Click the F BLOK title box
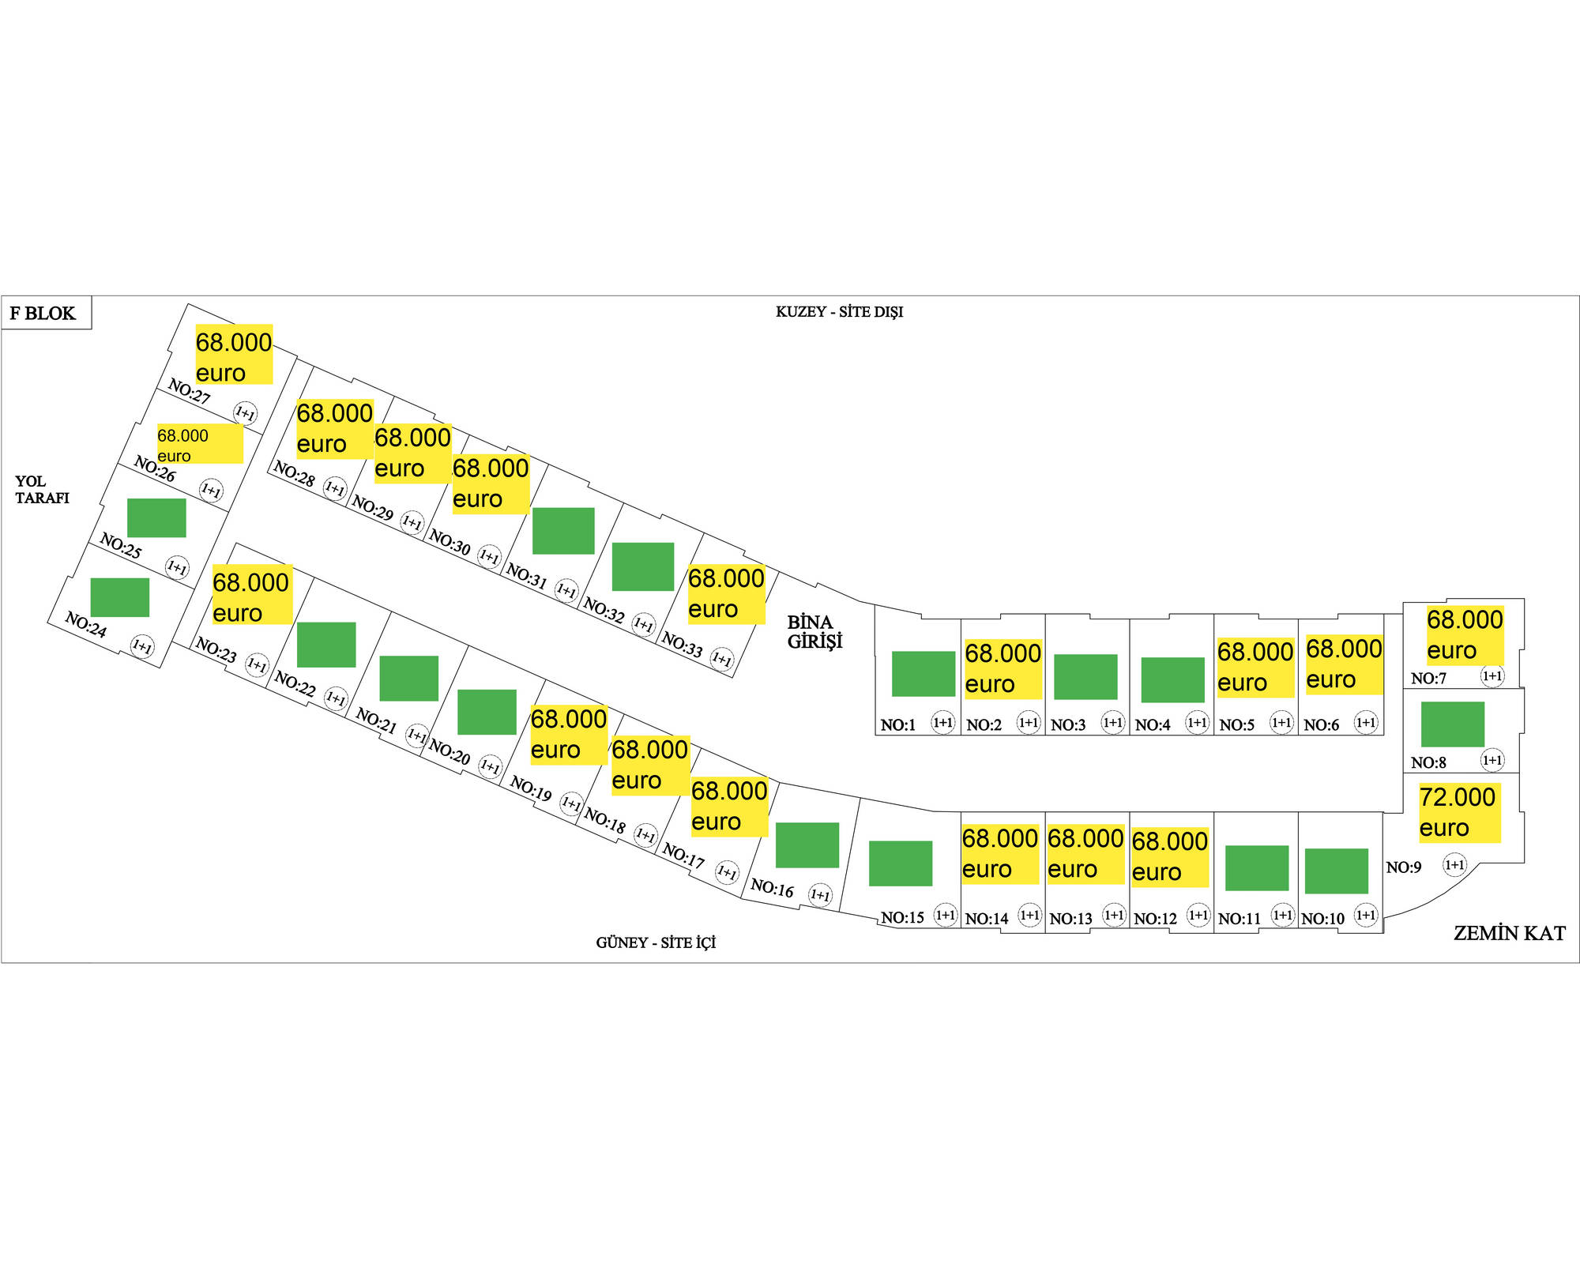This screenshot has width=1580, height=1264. coord(46,313)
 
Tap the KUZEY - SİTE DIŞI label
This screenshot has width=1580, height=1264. coord(839,312)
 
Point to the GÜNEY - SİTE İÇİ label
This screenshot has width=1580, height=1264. coord(656,942)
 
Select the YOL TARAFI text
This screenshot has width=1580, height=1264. coord(42,490)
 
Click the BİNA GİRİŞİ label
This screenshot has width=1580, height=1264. coord(814,632)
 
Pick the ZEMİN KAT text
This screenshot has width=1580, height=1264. coord(1509,934)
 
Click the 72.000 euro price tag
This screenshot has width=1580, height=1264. coord(1458,812)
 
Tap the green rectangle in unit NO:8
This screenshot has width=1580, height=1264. coord(1452,724)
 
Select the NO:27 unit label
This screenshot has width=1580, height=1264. coord(190,391)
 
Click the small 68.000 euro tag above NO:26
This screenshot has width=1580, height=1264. coord(199,444)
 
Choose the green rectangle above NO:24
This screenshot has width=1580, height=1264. coord(120,597)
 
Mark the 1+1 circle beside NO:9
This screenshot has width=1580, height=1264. coord(1454,865)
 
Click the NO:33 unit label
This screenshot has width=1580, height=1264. coord(682,645)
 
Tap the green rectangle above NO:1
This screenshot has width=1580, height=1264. coord(923,673)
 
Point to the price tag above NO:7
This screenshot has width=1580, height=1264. coord(1464,635)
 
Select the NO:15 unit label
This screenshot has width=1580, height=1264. coord(902,918)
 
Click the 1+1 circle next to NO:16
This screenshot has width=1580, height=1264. coord(820,895)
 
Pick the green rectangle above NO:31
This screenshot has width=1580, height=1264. coord(563,531)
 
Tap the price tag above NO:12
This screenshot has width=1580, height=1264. coord(1169,857)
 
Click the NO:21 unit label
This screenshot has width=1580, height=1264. coord(376,720)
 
